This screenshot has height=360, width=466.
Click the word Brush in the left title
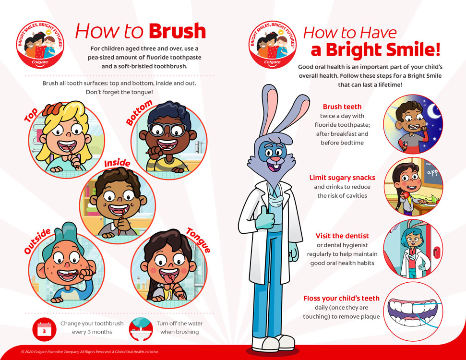click(x=177, y=31)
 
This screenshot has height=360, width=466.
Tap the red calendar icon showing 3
click(x=45, y=329)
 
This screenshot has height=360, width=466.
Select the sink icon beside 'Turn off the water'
click(x=141, y=329)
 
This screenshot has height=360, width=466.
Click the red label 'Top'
click(x=31, y=115)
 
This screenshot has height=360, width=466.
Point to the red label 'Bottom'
click(x=139, y=113)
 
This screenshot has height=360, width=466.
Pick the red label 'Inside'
click(x=117, y=163)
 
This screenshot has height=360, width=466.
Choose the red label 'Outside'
click(x=37, y=241)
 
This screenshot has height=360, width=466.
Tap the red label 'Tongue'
click(x=198, y=240)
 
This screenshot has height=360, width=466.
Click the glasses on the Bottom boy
click(x=167, y=129)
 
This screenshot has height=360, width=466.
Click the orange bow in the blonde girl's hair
click(x=52, y=109)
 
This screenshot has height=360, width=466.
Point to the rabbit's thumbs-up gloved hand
click(x=265, y=218)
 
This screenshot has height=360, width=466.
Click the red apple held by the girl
click(x=405, y=195)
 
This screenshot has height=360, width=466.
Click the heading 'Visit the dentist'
click(x=342, y=236)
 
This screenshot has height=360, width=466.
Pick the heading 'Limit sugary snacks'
click(x=342, y=178)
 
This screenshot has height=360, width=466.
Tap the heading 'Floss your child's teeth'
click(x=341, y=299)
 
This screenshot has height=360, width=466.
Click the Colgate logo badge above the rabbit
click(x=272, y=44)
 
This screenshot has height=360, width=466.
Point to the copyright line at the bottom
click(x=90, y=352)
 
